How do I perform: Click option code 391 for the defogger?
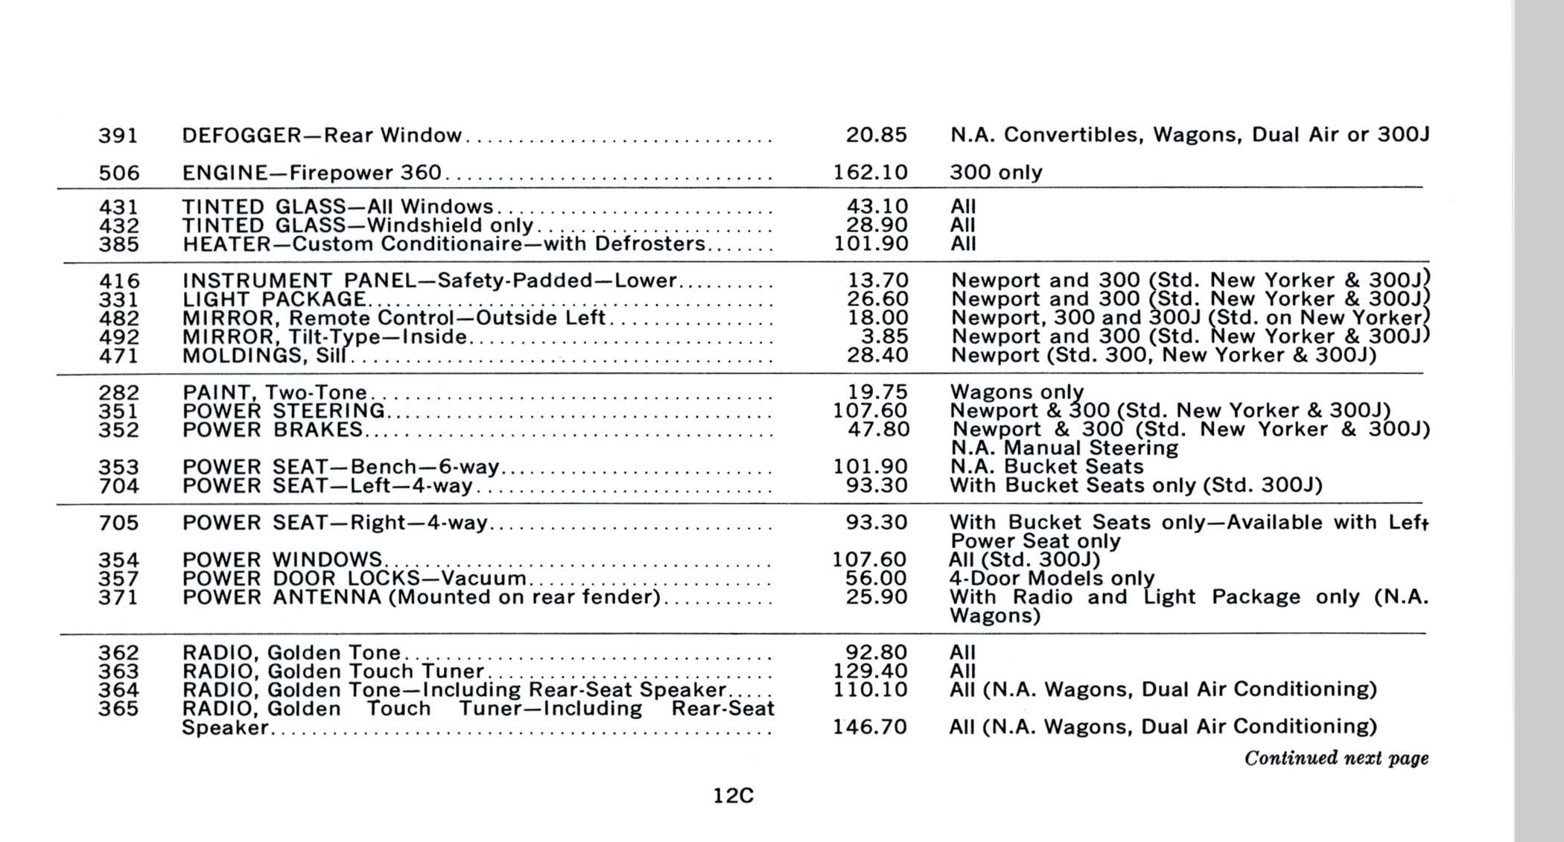118,135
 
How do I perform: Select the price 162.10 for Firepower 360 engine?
870,173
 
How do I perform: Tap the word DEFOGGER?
241,135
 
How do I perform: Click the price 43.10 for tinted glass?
877,206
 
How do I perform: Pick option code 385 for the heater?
118,244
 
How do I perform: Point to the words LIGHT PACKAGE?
274,299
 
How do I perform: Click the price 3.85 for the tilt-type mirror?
884,337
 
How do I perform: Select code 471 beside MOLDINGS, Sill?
118,356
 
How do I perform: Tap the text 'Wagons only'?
1017,392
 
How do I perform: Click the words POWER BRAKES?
273,430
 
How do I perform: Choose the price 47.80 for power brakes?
878,430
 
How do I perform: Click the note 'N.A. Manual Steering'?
1064,448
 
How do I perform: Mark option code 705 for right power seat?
118,523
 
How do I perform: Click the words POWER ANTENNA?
282,597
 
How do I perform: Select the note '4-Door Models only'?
1051,578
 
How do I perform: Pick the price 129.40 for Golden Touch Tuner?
870,672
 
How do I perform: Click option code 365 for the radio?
118,709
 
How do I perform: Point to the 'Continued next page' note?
1336,758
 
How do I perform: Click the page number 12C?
733,796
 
